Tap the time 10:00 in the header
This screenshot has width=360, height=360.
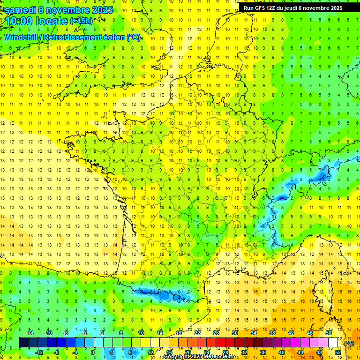click(21, 22)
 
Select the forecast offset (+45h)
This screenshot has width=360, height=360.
click(81, 21)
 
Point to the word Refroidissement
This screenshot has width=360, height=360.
click(76, 37)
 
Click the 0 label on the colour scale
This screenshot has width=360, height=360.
click(93, 352)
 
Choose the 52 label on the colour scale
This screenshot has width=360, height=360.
click(338, 352)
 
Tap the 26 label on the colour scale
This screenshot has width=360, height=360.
click(216, 333)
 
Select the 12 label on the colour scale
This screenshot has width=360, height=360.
click(151, 352)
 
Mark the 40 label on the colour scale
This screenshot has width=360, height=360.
click(281, 352)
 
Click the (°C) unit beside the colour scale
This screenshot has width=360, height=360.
click(349, 343)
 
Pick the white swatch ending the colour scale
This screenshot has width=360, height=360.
click(333, 343)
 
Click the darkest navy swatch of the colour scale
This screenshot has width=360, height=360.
click(23, 343)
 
